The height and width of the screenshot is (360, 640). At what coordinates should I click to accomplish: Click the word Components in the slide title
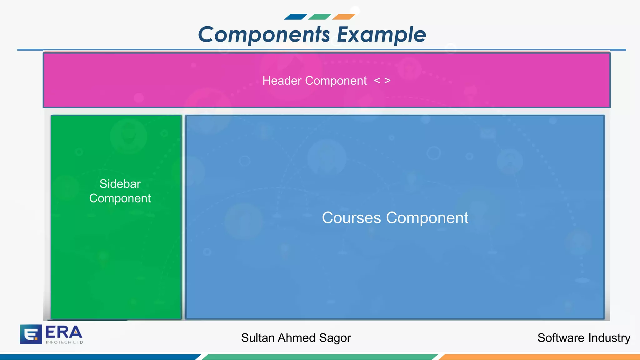pyautogui.click(x=264, y=34)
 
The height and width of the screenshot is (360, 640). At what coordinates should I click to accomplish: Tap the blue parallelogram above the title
pyautogui.click(x=296, y=17)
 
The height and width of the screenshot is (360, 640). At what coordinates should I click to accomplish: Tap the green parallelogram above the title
pyautogui.click(x=320, y=17)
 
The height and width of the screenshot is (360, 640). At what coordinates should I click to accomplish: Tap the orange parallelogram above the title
pyautogui.click(x=344, y=17)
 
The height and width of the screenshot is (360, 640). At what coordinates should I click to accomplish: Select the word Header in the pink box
pyautogui.click(x=282, y=81)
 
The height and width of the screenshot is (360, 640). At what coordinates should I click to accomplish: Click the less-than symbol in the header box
pyautogui.click(x=377, y=81)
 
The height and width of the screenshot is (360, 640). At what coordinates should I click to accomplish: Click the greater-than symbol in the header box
pyautogui.click(x=387, y=81)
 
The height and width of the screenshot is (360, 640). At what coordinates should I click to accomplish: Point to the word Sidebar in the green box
pyautogui.click(x=120, y=184)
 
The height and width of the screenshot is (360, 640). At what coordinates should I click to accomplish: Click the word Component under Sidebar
pyautogui.click(x=120, y=198)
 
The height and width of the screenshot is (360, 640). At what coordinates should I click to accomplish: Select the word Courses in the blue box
pyautogui.click(x=351, y=218)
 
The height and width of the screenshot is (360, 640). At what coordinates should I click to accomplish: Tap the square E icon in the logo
pyautogui.click(x=31, y=334)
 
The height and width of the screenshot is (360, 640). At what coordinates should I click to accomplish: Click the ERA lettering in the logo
pyautogui.click(x=64, y=332)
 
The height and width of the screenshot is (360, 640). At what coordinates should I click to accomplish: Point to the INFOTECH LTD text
pyautogui.click(x=64, y=342)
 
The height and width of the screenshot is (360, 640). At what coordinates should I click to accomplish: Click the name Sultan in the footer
pyautogui.click(x=258, y=338)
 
